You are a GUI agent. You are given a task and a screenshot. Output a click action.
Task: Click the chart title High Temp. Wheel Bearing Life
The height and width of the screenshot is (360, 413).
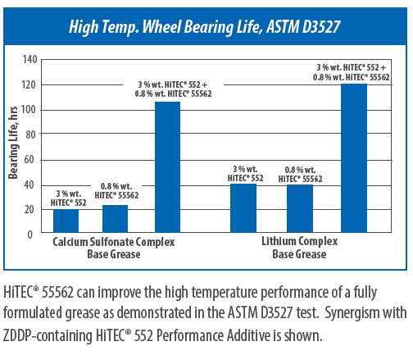[x=165, y=27]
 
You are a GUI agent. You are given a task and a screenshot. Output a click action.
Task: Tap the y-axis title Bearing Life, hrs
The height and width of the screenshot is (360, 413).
[x=13, y=143]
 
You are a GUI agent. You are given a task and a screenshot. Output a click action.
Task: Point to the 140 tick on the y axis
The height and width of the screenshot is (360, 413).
[x=29, y=59]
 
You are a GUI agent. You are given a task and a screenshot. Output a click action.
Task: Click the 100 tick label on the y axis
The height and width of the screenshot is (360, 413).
[x=29, y=110]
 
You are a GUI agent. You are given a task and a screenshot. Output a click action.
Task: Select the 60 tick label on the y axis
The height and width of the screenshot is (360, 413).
[x=29, y=159]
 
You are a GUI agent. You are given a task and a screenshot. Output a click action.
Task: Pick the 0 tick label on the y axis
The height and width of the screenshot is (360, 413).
[x=29, y=235]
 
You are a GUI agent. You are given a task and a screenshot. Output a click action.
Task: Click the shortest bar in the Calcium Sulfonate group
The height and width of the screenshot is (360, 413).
[x=66, y=221]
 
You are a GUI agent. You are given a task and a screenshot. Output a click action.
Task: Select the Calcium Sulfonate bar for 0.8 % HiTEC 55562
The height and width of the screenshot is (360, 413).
[x=115, y=219]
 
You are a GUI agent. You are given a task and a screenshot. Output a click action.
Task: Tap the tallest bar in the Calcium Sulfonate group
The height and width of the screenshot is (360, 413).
[x=167, y=167]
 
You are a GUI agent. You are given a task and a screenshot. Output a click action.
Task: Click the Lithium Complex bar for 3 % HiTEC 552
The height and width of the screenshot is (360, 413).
[x=243, y=208]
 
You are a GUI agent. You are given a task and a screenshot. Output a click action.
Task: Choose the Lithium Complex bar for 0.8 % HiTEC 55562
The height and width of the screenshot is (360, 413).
[x=300, y=208]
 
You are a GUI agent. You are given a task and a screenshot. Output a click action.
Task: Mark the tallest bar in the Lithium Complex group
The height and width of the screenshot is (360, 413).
[x=354, y=158]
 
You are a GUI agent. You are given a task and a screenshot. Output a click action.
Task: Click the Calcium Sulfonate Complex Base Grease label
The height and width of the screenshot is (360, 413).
[x=114, y=248]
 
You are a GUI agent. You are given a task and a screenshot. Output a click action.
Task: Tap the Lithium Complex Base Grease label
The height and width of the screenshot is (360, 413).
[x=300, y=248]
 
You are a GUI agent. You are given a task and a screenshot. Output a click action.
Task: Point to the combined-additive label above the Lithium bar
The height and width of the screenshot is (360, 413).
[x=352, y=72]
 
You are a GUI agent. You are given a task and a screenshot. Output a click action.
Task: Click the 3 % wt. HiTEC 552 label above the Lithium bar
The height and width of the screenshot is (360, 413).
[x=245, y=174]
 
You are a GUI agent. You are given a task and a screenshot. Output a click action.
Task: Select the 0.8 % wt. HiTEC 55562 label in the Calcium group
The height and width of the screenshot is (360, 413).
[x=116, y=191]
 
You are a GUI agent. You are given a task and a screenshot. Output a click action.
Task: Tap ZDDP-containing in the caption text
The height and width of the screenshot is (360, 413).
[x=48, y=335]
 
